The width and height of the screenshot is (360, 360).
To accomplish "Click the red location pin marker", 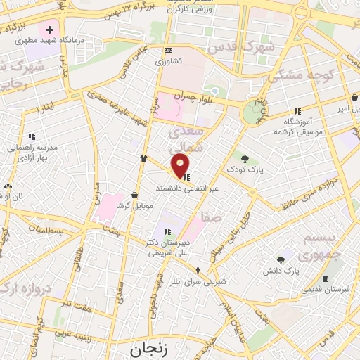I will (x=181, y=166).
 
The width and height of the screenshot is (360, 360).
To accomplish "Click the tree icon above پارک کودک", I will (x=245, y=159).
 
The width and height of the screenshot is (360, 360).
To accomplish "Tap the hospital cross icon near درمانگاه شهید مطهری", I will (x=49, y=30).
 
